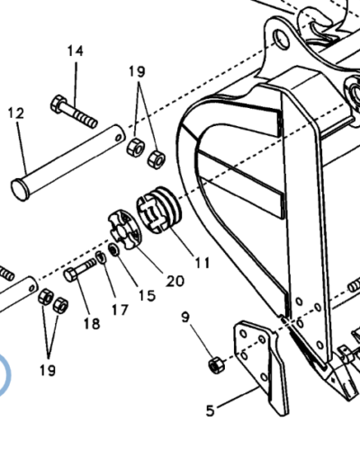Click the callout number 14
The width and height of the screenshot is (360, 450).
75,51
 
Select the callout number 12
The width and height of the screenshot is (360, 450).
16,113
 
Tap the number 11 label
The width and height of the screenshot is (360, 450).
202,263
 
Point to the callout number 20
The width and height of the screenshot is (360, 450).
175,281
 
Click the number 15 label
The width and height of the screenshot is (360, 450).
147,295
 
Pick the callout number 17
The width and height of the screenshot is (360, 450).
120,310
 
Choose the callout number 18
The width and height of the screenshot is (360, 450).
92,324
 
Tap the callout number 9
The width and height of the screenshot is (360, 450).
185,317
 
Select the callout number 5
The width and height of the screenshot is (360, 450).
211,410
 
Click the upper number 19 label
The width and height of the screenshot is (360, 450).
137,72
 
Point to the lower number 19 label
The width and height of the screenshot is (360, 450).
48,370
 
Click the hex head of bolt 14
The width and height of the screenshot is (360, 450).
58,103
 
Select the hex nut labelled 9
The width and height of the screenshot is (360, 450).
216,365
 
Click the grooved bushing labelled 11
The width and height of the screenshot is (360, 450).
159,210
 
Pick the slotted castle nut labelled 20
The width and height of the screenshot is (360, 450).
124,229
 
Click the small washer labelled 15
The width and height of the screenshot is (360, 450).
114,249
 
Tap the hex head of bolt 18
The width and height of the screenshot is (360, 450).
71,274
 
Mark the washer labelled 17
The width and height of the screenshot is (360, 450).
101,257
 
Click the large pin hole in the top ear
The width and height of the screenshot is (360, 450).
281,40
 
